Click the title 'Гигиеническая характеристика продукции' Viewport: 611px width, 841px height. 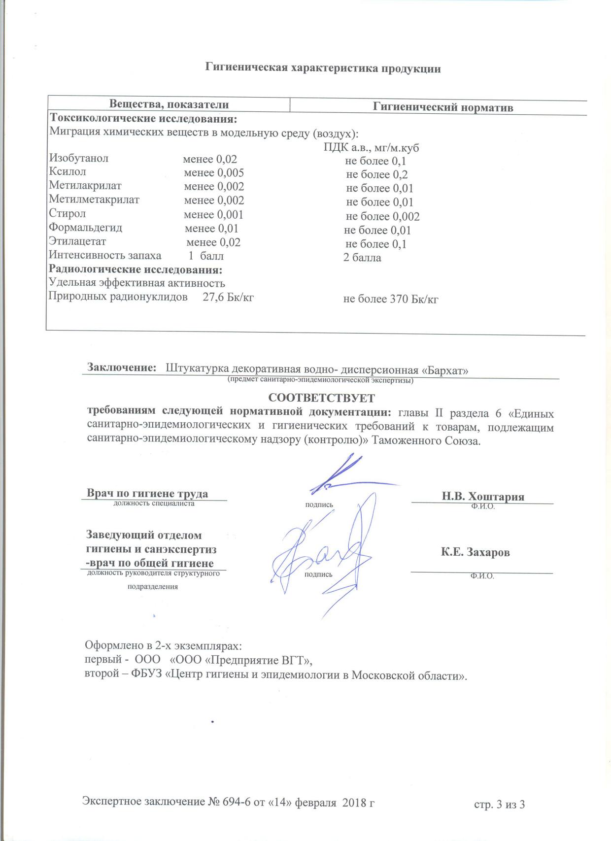pos(323,68)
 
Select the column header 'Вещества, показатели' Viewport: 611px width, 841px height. pos(169,104)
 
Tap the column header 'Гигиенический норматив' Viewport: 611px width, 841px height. pos(442,107)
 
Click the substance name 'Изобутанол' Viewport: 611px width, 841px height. pos(79,158)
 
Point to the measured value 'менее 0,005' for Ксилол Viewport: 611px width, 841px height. pos(214,173)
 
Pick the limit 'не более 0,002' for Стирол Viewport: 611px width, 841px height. pos(382,216)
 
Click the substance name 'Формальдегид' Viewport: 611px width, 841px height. pos(85,228)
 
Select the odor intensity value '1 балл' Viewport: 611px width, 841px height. pos(206,256)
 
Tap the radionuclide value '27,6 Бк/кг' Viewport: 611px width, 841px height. pos(228,297)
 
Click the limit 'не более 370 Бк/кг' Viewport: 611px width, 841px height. pos(390,299)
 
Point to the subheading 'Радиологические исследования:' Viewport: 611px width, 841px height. pos(135,269)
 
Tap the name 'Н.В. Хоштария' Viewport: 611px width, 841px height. pos(482,496)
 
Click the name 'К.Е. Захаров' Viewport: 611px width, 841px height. pos(475,552)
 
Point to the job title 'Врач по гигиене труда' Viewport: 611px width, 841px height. pos(147,493)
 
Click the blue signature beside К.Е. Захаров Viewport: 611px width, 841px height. pos(320,557)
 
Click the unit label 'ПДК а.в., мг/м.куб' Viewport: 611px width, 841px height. pos(371,148)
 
